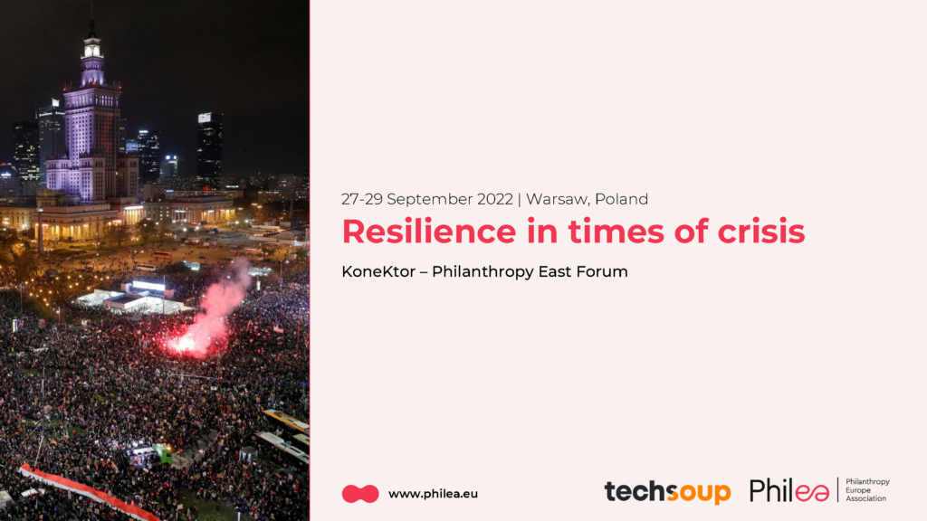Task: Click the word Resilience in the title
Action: point(428,231)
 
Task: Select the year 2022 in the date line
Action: point(495,199)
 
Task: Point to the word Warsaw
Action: point(558,200)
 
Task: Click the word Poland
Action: point(621,199)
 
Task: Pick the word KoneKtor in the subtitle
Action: point(378,271)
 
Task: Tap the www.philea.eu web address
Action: point(433,494)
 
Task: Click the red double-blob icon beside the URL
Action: point(360,494)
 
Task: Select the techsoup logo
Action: point(667,491)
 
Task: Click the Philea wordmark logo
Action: point(789,490)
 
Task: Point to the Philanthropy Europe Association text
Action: point(867,490)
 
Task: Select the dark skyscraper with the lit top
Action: point(210,147)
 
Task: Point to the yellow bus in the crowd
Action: point(286,421)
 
